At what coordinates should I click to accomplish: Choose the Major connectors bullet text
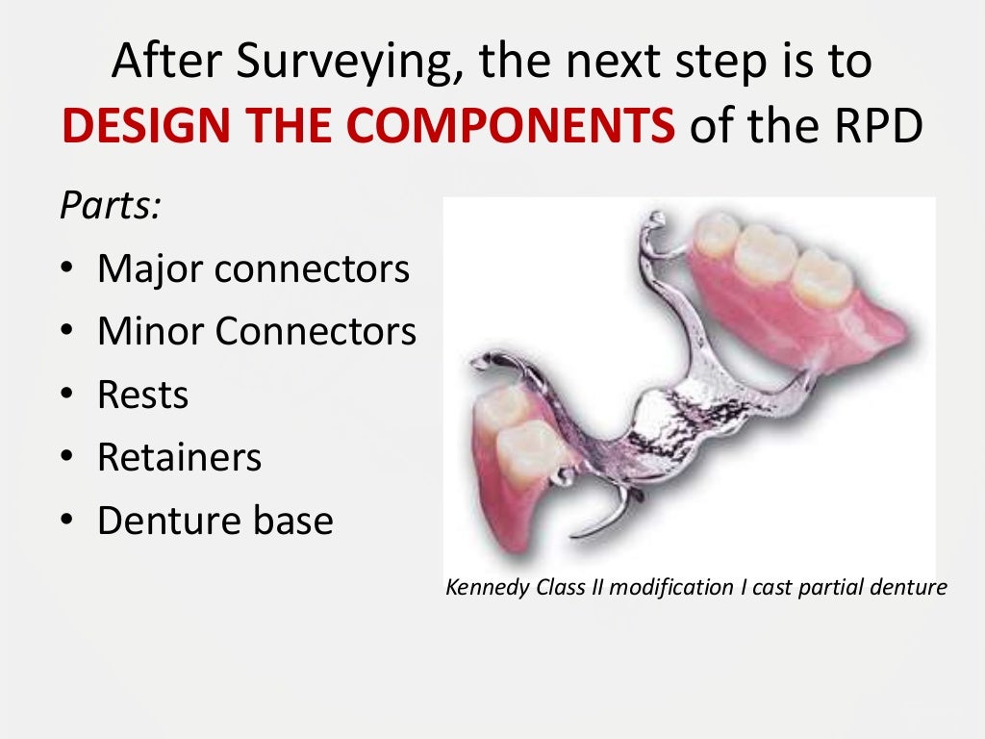[253, 269]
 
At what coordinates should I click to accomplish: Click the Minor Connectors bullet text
[256, 332]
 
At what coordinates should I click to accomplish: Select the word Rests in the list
[142, 395]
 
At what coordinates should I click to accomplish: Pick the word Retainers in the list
[179, 458]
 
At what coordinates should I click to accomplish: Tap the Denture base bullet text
[215, 522]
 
